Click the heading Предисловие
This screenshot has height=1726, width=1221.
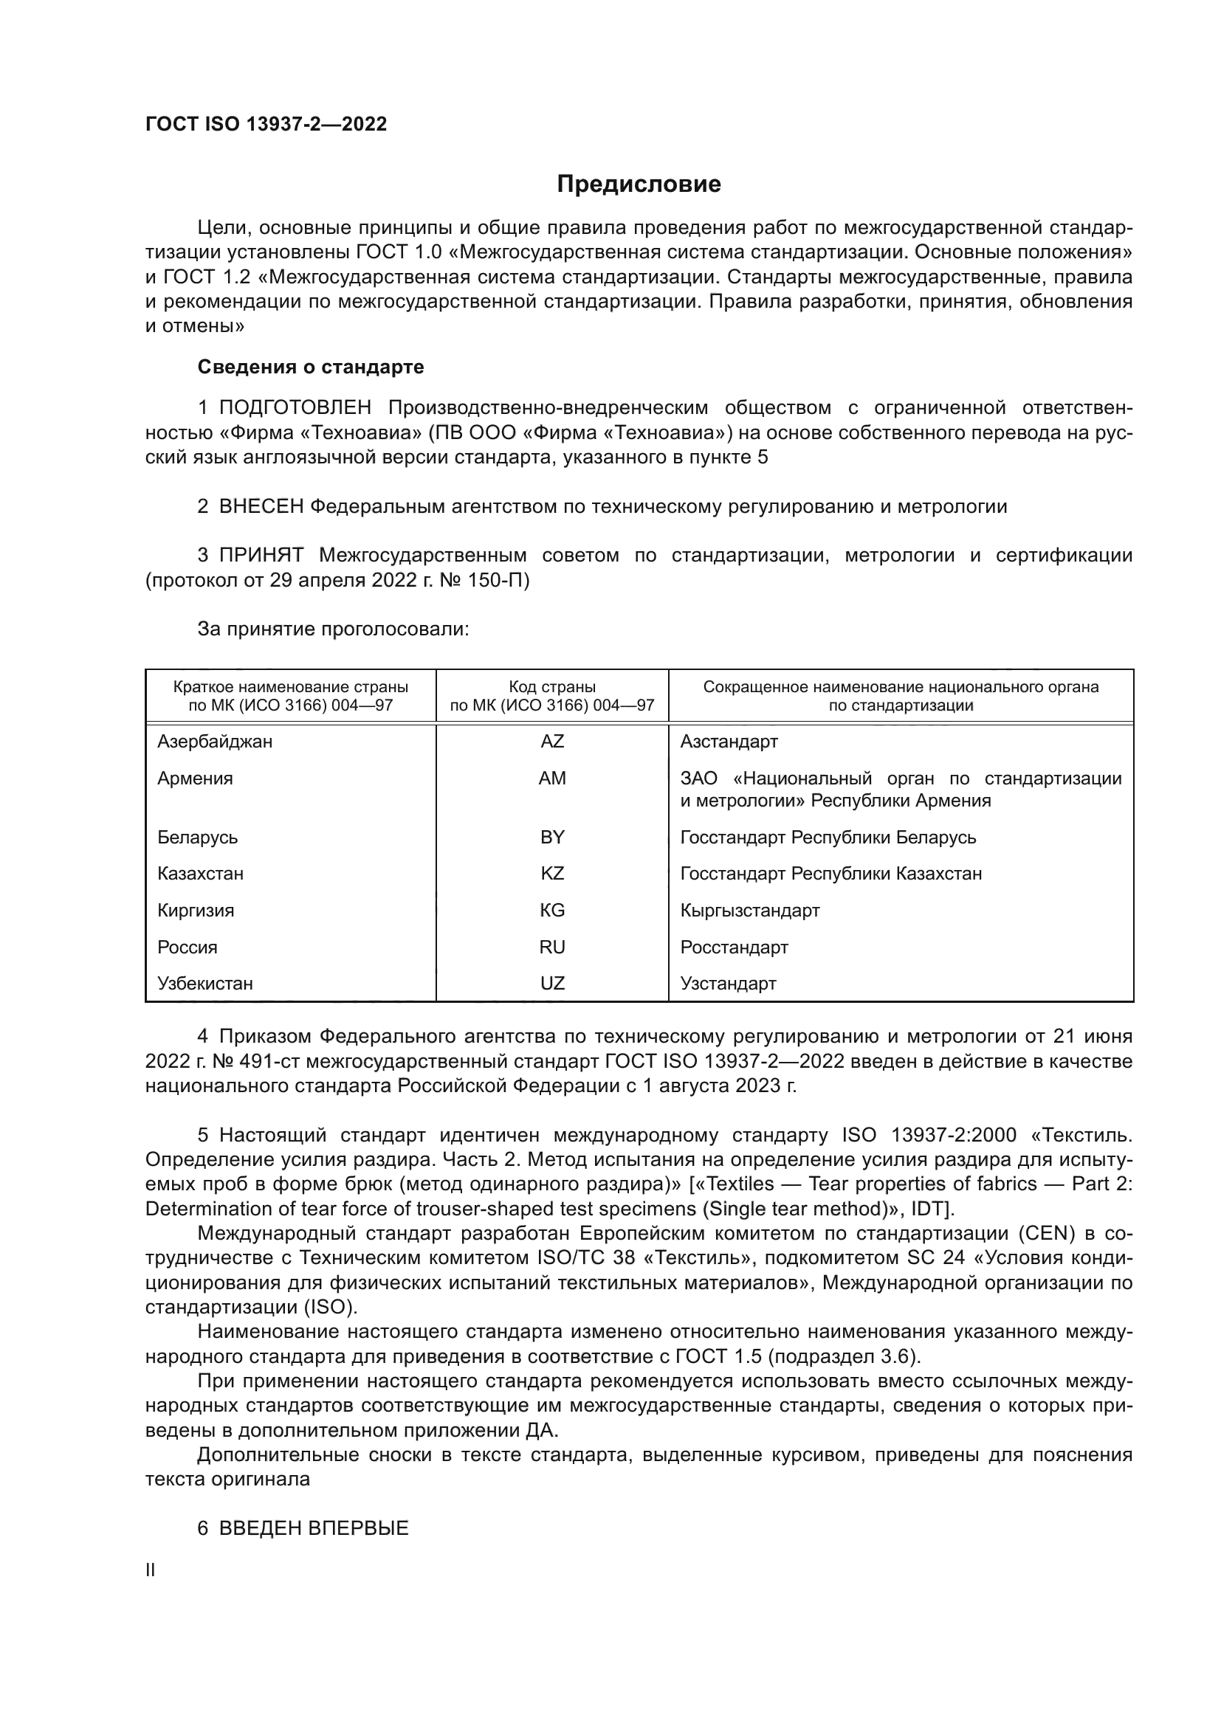(639, 184)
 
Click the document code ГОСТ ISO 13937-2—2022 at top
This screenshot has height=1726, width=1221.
(266, 125)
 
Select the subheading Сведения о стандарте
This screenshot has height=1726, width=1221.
(311, 367)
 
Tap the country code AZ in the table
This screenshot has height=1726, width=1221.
(552, 742)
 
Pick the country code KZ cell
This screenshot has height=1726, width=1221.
(552, 874)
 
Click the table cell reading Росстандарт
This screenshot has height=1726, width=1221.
(734, 947)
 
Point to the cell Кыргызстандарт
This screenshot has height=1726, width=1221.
(749, 911)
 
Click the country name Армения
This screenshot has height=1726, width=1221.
(195, 779)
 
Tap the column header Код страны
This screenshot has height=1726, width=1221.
(552, 687)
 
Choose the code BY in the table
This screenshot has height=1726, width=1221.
(552, 838)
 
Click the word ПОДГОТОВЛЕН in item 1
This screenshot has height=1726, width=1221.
(295, 408)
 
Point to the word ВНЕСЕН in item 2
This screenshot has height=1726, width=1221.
(261, 507)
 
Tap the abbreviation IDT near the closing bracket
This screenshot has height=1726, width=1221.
(929, 1209)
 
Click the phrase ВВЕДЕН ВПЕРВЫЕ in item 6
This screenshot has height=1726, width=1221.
(314, 1528)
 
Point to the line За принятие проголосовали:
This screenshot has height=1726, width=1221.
(333, 629)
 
